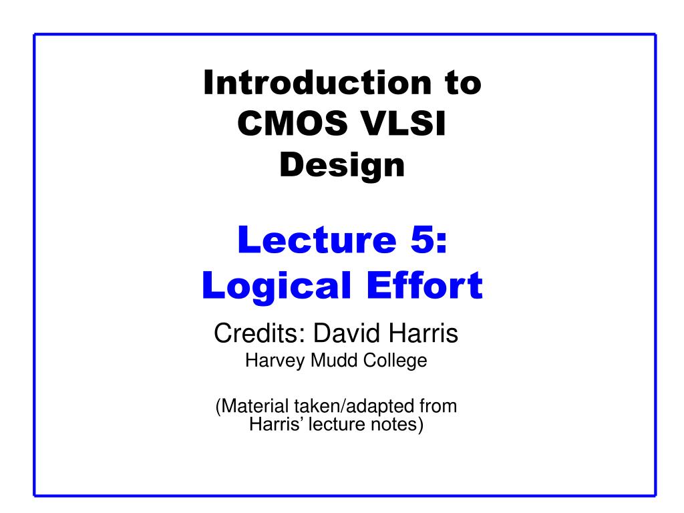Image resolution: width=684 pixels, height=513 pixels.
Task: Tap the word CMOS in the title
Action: click(x=293, y=123)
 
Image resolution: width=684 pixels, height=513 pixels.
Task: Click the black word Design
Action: click(x=343, y=165)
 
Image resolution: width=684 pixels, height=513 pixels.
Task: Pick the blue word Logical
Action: click(x=276, y=285)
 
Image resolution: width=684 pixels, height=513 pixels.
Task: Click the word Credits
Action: click(x=260, y=333)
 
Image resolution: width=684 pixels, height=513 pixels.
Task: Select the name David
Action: click(x=347, y=333)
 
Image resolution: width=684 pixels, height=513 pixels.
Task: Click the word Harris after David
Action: click(x=423, y=333)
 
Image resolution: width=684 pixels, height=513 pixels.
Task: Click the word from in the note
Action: click(x=438, y=406)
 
